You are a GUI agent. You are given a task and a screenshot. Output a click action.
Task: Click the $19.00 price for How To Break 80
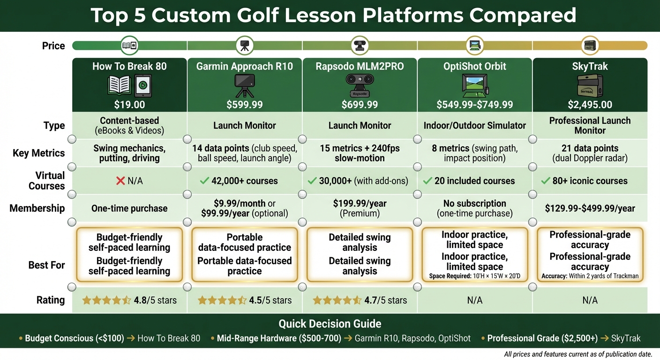(129, 105)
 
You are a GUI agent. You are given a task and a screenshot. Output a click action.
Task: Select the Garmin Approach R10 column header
(244, 66)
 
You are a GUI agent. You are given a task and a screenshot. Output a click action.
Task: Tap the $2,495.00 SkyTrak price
(590, 105)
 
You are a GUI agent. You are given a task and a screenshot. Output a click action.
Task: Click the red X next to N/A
(120, 181)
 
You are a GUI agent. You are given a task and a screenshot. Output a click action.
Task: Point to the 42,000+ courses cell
(244, 181)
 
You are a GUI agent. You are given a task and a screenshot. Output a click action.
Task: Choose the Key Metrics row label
(39, 153)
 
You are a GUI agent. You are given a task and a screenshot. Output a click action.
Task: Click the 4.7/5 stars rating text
(386, 300)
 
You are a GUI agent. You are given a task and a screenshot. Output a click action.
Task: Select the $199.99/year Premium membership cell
(360, 208)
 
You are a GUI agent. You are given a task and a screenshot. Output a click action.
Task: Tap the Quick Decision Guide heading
(330, 324)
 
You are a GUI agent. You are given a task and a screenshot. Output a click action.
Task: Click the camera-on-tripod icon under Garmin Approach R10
(244, 85)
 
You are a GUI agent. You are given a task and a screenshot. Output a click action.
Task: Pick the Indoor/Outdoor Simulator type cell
(474, 126)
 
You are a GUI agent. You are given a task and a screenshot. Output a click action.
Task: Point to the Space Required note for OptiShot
(474, 276)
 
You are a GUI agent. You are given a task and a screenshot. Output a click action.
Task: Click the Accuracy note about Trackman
(590, 276)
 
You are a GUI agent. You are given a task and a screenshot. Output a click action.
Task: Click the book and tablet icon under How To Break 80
(129, 85)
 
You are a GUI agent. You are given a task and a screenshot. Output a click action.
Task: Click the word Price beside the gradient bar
(53, 45)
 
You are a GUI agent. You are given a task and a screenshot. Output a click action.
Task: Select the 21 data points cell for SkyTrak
(590, 153)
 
